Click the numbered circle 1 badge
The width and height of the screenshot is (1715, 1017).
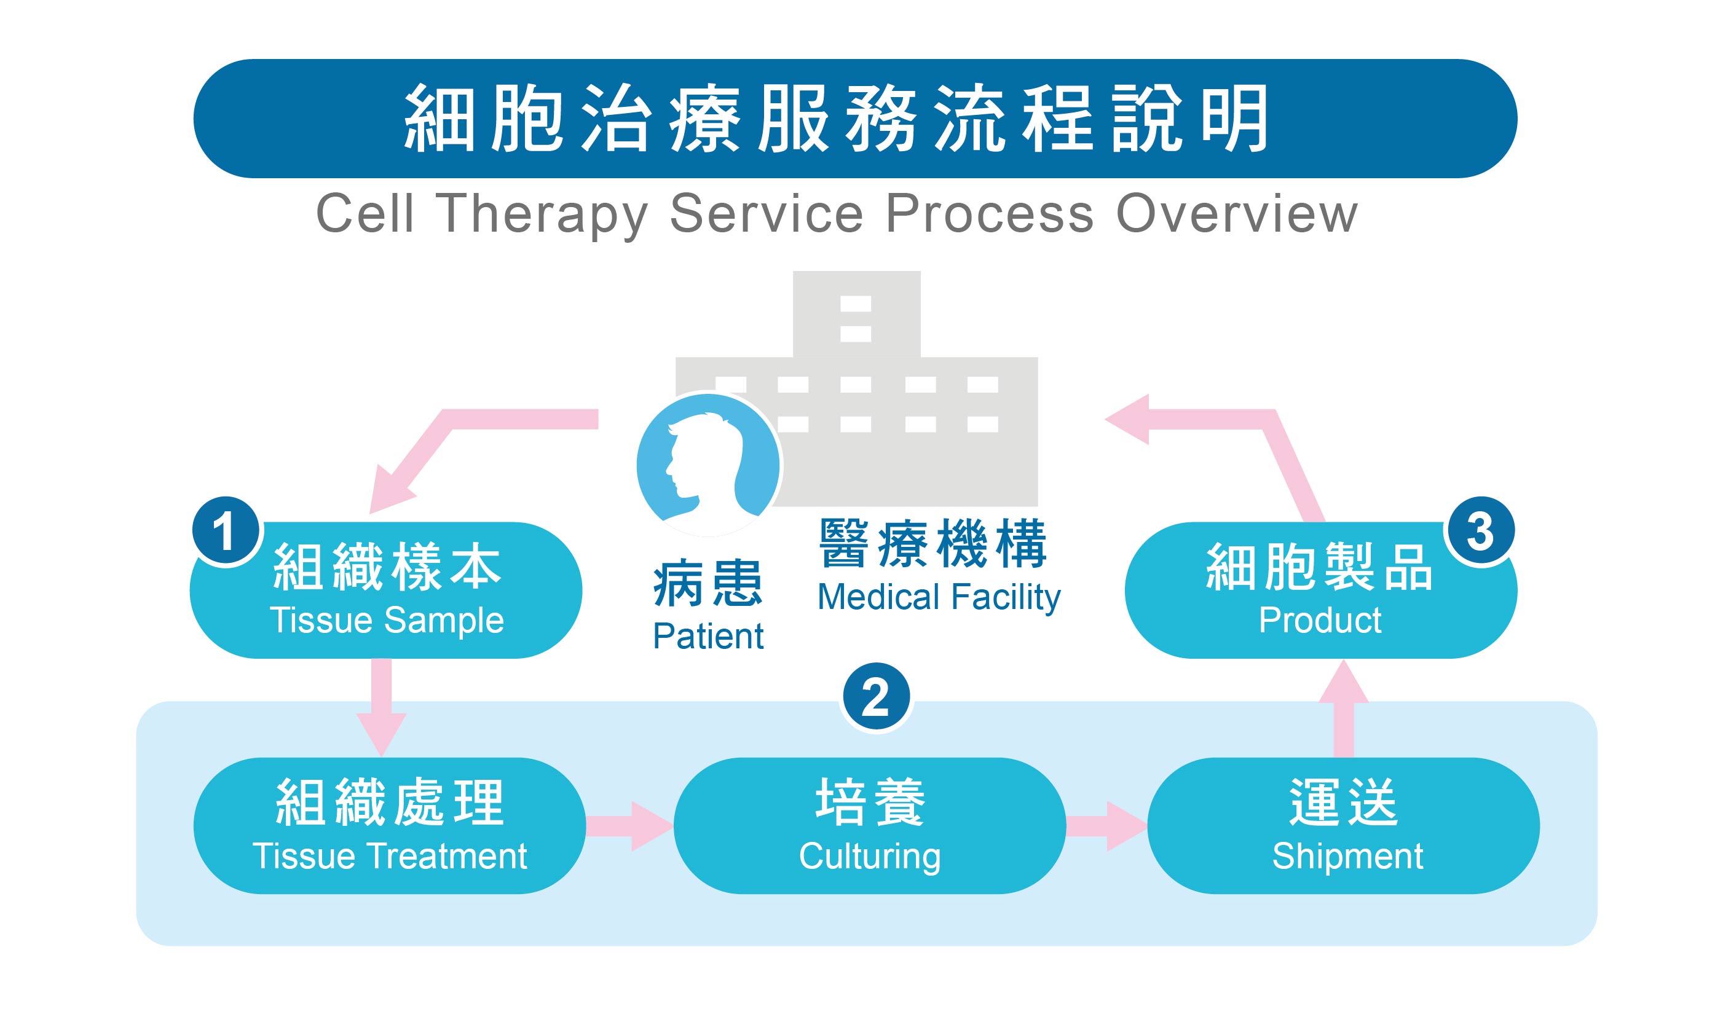click(226, 530)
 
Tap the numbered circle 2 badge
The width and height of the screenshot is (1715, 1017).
click(875, 697)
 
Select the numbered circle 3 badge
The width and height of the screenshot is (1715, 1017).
click(1480, 530)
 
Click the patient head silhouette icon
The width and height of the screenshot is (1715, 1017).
click(708, 465)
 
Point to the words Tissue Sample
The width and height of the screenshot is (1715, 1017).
click(387, 620)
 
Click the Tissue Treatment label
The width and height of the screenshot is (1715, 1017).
click(389, 856)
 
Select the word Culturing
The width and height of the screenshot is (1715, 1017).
click(869, 856)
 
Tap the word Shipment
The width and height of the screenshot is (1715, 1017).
click(1347, 856)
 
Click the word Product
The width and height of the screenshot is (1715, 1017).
click(1320, 620)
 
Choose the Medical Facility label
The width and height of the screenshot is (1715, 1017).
click(939, 597)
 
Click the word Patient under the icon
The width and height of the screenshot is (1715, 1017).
click(708, 636)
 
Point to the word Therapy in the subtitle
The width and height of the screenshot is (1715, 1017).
click(542, 214)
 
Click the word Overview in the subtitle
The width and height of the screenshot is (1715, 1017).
click(1236, 214)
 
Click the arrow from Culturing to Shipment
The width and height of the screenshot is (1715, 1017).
click(1106, 826)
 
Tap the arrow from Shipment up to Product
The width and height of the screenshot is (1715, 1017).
click(1344, 709)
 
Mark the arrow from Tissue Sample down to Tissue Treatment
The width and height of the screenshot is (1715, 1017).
click(381, 706)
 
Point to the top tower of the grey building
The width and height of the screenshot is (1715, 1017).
click(856, 314)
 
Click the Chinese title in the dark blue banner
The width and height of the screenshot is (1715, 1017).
click(836, 119)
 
